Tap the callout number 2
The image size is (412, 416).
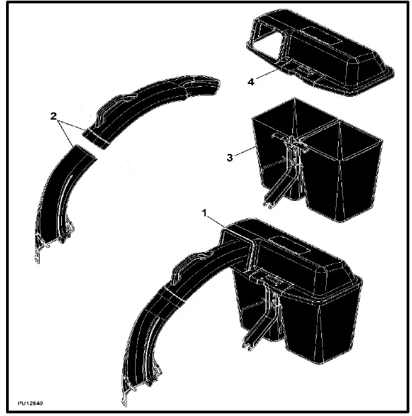point(53,116)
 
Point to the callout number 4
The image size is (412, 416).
point(251,82)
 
